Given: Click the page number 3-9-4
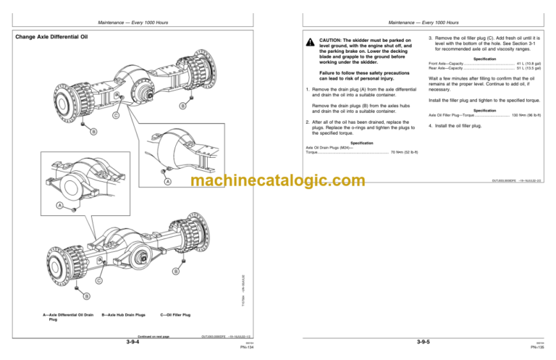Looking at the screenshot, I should tap(132, 340).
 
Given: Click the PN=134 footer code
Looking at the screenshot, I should tap(250, 346).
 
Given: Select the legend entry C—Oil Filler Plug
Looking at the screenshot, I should tap(175, 315).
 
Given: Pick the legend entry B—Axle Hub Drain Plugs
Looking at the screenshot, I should tap(124, 315).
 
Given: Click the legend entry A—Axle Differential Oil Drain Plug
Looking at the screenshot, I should tap(68, 317).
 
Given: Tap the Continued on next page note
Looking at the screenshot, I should tap(153, 336).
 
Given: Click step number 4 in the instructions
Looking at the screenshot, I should tap(429, 126).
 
